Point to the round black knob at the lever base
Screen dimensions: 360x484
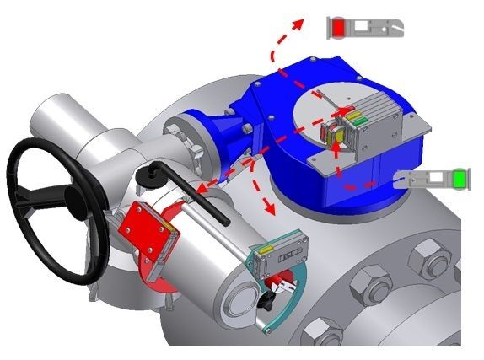coord(152,174)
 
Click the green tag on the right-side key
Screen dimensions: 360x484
coord(460,180)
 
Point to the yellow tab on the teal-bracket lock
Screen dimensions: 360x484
coord(265,251)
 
